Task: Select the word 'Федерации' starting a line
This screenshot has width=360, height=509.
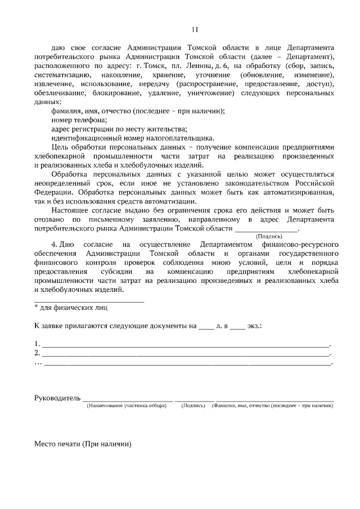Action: point(51,192)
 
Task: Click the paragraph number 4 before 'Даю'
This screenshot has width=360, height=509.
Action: point(53,245)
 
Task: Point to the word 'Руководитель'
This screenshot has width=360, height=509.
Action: point(58,398)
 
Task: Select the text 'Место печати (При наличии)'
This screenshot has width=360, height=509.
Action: point(83,444)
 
